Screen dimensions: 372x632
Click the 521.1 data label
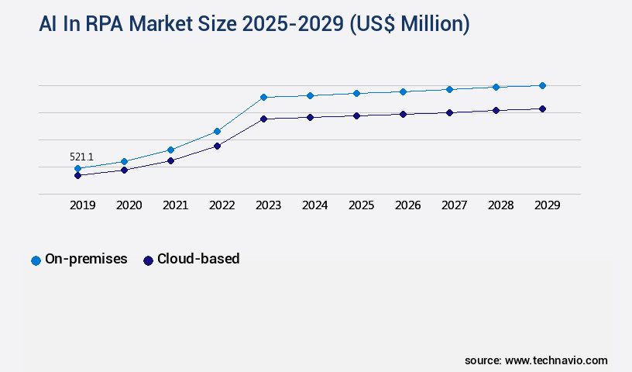(x=81, y=157)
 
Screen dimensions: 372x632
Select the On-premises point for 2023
(x=263, y=97)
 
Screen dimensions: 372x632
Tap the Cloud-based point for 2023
(x=263, y=119)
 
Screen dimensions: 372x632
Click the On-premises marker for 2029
(x=542, y=85)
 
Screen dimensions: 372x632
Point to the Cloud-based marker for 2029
(x=542, y=108)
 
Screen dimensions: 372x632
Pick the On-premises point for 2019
(x=77, y=168)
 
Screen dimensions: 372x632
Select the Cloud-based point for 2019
(x=77, y=175)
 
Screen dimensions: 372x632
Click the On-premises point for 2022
(x=217, y=131)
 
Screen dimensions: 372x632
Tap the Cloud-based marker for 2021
(x=170, y=160)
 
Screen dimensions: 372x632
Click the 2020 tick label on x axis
(x=129, y=205)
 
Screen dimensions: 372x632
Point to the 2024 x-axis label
(x=314, y=205)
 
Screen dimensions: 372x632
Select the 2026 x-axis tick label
(x=407, y=205)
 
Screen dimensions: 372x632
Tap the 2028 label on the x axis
(x=500, y=205)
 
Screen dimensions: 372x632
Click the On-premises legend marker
(x=36, y=260)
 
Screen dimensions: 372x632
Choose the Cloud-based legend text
(x=198, y=259)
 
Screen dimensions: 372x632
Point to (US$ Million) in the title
(x=410, y=24)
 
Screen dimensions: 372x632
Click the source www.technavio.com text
(x=536, y=360)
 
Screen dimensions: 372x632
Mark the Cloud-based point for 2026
(x=403, y=114)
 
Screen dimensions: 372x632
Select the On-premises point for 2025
(x=356, y=93)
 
